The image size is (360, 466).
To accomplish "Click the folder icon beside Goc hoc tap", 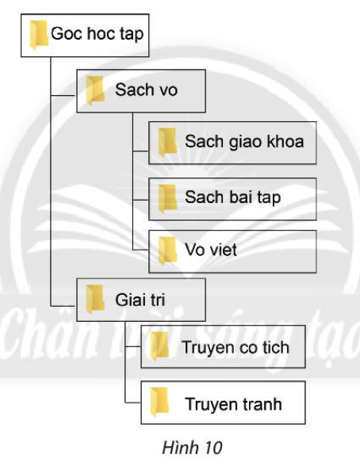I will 38,36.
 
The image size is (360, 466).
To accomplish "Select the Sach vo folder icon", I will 95,90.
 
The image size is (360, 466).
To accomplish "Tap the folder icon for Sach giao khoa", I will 167,142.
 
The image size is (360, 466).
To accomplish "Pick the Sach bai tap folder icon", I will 167,197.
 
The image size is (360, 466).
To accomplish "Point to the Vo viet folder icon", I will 167,250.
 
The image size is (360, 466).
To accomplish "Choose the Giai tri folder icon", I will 95,299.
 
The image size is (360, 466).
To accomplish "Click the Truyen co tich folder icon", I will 159,347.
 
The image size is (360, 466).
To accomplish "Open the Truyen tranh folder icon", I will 159,404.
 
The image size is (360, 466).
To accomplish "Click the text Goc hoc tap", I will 97,35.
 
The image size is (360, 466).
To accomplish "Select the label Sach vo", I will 146,90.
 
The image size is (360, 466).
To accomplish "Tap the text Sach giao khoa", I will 244,142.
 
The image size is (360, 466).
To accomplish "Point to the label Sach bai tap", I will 233,197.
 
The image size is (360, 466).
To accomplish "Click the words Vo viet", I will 211,250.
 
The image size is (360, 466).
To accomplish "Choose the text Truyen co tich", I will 235,347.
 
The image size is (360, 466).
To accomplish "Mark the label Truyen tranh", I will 233,404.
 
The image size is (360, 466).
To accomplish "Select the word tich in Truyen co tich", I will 273,347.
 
